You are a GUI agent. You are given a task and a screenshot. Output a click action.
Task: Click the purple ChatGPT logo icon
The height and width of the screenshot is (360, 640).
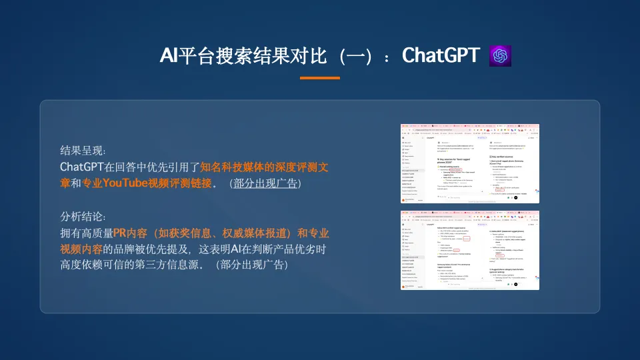coord(501,56)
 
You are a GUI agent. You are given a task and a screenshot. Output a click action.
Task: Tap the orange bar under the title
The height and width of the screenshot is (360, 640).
coord(319,78)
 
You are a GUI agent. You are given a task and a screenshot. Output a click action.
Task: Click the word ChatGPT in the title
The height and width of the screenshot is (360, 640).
coord(441,56)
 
